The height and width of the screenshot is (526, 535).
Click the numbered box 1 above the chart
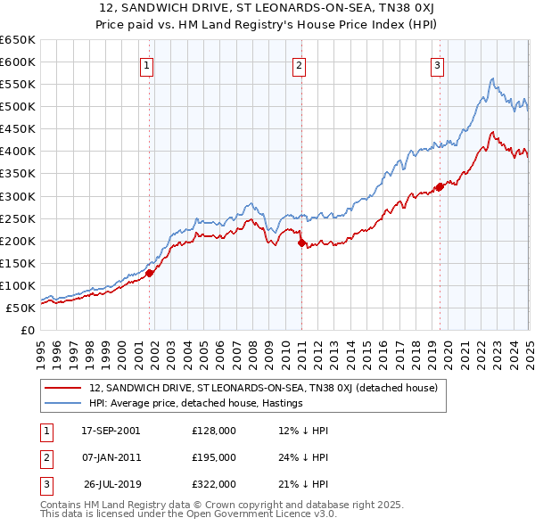coord(145,64)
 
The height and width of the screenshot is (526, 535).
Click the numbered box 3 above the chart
coord(438,64)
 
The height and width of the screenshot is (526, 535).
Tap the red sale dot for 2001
coord(150,273)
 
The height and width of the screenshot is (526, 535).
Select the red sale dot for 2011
coord(300,242)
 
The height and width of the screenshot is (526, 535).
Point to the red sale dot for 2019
coord(440,186)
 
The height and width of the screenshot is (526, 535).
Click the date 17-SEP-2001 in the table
coord(111,431)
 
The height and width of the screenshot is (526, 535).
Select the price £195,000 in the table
coord(214,457)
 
